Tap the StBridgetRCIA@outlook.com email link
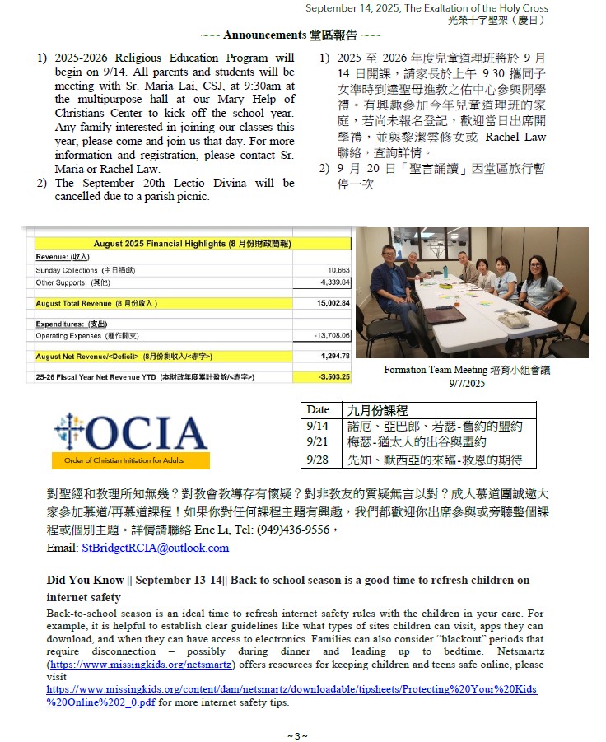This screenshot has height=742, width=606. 156,548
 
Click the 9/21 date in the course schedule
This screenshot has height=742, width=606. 316,442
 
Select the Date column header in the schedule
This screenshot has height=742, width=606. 318,409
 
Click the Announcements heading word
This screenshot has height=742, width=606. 264,35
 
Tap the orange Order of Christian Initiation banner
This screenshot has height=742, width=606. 130,460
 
